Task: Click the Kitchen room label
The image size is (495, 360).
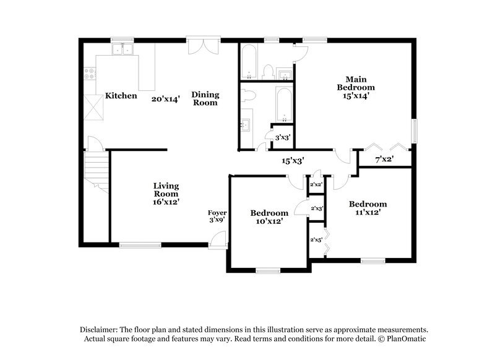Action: tap(121, 96)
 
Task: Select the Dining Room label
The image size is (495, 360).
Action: tap(205, 98)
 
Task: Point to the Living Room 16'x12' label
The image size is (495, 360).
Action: tap(166, 194)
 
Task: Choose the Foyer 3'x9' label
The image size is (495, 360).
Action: tap(217, 216)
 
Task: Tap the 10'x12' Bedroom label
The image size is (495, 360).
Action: tap(269, 216)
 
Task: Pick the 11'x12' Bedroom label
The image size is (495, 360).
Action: tap(368, 208)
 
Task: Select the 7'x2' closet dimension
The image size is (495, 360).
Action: tap(385, 160)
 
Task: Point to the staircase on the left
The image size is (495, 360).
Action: tap(97, 170)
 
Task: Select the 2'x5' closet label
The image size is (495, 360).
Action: tap(316, 239)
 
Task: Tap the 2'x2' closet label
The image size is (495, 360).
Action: tap(316, 184)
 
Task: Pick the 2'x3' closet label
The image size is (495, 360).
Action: tap(317, 208)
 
